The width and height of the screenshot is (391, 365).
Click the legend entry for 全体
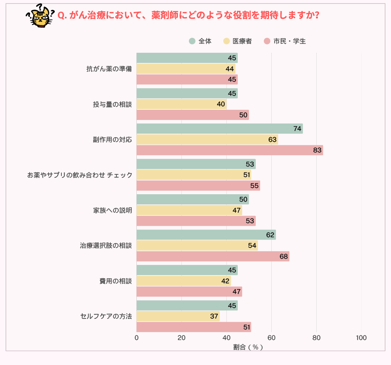[x=201, y=41]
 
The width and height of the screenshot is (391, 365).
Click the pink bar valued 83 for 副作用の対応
[x=230, y=150]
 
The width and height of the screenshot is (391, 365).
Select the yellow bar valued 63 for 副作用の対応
[x=207, y=140]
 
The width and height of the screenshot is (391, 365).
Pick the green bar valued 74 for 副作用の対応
[x=219, y=129]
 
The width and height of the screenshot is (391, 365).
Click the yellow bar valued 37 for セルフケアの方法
[x=178, y=316]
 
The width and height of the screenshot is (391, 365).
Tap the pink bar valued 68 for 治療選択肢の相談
[x=213, y=256]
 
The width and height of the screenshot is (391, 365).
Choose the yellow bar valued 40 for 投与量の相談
[x=181, y=104]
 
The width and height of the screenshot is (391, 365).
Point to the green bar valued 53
[x=196, y=164]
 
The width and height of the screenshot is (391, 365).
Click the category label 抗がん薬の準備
[x=109, y=69]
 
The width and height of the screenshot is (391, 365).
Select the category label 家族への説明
[x=113, y=210]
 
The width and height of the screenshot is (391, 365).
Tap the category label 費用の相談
[x=116, y=281]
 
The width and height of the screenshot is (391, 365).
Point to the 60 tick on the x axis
[x=271, y=338]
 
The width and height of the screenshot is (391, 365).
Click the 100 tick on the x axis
[x=361, y=338]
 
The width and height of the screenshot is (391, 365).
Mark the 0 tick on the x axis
[x=136, y=338]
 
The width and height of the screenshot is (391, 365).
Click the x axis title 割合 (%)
[x=248, y=347]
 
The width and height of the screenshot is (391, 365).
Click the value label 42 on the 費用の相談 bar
[x=225, y=281]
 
